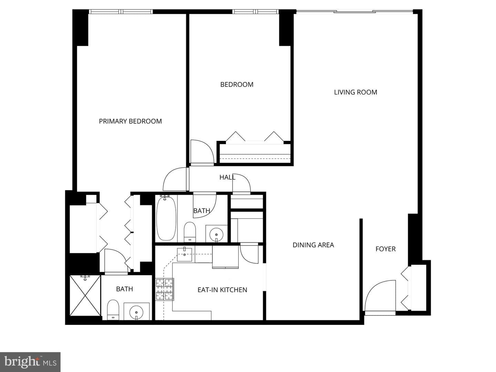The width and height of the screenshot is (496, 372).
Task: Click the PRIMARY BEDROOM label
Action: click(x=131, y=121)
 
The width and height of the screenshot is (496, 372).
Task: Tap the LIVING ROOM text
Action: click(x=355, y=92)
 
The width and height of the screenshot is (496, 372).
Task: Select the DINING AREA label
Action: click(x=313, y=245)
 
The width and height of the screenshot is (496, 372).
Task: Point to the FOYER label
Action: click(x=385, y=249)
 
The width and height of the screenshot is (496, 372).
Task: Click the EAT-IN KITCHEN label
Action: click(x=223, y=290)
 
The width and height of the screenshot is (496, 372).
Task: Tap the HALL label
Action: click(x=227, y=177)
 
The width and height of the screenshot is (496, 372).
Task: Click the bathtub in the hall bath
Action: click(x=166, y=218)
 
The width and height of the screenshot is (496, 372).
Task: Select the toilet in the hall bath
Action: click(x=190, y=232)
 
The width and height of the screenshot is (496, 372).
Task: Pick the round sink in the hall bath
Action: click(x=216, y=234)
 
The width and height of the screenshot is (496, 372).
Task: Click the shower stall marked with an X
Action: click(x=85, y=296)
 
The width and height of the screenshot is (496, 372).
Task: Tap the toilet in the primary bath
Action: click(x=113, y=310)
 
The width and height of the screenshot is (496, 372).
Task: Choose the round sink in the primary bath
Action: click(x=136, y=312)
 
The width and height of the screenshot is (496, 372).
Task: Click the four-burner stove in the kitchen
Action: click(x=165, y=289)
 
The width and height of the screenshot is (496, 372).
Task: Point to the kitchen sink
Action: click(x=184, y=255)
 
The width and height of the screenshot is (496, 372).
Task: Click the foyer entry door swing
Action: click(x=380, y=296)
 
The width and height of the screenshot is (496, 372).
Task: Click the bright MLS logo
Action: click(x=30, y=362)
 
